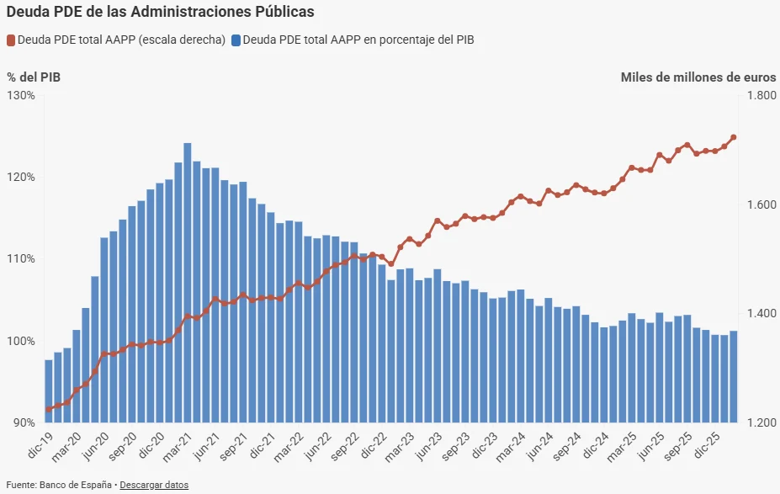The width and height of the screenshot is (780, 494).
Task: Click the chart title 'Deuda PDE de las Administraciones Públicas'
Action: (161, 12)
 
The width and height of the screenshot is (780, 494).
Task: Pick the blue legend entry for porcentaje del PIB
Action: (353, 40)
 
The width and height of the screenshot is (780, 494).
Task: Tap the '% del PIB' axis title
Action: (34, 77)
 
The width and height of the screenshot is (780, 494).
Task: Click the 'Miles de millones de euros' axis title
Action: (698, 77)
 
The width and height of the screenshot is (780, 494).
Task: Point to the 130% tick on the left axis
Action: (21, 95)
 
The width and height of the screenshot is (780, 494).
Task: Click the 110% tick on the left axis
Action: (21, 258)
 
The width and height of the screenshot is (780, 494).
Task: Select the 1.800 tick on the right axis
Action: (761, 96)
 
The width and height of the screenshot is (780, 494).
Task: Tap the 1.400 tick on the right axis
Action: (761, 314)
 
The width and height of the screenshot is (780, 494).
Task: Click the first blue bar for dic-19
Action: (49, 391)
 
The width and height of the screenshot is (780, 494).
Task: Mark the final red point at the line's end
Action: (734, 137)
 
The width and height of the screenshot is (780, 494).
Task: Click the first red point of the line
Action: (49, 409)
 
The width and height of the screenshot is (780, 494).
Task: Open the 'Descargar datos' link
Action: (154, 485)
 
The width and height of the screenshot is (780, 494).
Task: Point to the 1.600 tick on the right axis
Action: (761, 205)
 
